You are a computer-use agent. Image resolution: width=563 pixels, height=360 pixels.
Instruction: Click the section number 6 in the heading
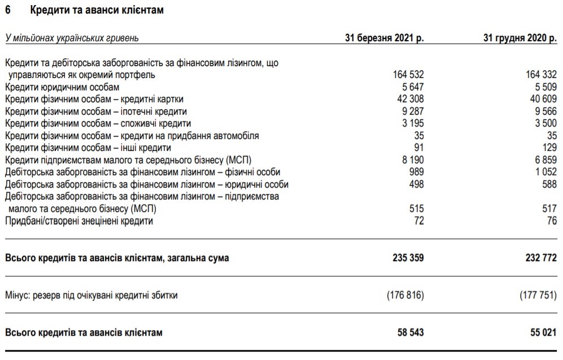pyautogui.click(x=8, y=10)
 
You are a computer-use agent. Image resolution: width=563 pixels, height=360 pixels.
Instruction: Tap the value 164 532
pyautogui.click(x=408, y=75)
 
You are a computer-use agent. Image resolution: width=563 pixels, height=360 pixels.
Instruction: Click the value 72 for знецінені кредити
pyautogui.click(x=419, y=220)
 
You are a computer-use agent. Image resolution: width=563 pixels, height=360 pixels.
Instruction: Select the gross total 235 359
pyautogui.click(x=408, y=258)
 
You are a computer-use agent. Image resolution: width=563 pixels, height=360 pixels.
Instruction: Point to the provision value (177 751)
pyautogui.click(x=534, y=295)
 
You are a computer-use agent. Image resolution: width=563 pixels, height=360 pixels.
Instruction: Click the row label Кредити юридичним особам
pyautogui.click(x=62, y=87)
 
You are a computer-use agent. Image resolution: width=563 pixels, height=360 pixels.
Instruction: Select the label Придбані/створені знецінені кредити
pyautogui.click(x=79, y=220)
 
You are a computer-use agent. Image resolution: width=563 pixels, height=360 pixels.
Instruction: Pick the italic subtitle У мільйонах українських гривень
pyautogui.click(x=72, y=38)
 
